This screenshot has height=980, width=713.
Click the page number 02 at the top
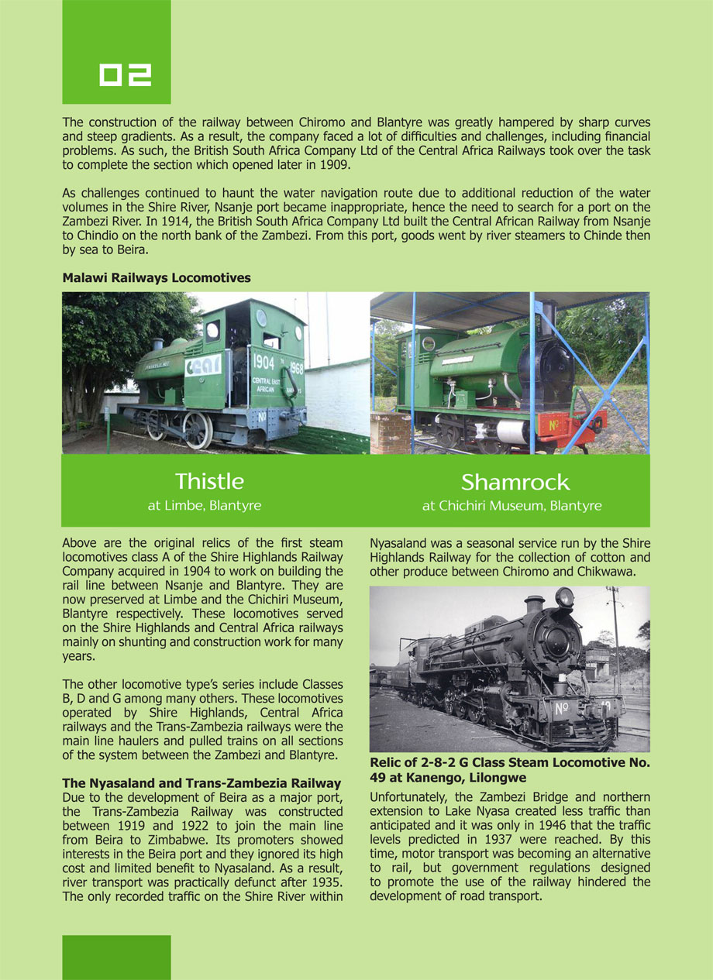[x=125, y=75]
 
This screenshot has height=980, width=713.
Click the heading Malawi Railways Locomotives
[x=157, y=277]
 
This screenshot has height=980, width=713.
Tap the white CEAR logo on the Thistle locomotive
[x=203, y=365]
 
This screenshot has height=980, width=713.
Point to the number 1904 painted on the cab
[x=263, y=361]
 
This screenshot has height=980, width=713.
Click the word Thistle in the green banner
[x=209, y=481]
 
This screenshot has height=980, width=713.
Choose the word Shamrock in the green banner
[x=515, y=483]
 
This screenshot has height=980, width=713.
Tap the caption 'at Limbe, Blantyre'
[x=205, y=506]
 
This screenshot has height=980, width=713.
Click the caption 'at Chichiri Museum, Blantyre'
[x=511, y=506]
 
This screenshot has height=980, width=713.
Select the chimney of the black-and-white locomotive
[x=534, y=604]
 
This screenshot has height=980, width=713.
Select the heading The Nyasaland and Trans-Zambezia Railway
[x=201, y=783]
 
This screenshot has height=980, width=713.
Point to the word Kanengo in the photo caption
[x=436, y=778]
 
